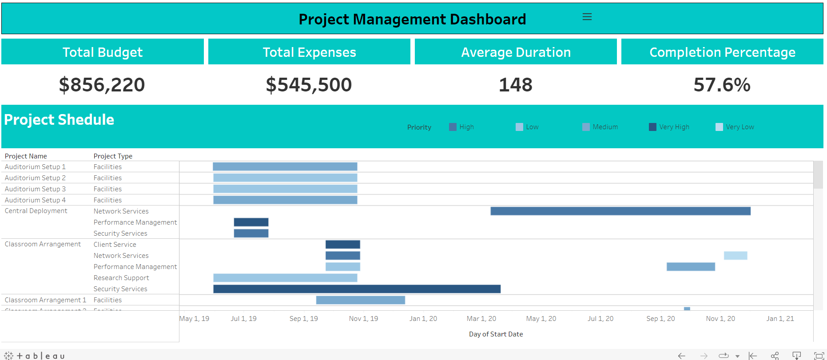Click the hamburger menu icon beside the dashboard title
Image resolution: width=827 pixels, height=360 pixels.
[x=587, y=17]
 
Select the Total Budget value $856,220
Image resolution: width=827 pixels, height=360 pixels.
[x=102, y=85]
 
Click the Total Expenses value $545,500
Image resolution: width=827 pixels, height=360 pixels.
[x=309, y=85]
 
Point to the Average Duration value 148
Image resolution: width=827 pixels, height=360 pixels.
[x=515, y=85]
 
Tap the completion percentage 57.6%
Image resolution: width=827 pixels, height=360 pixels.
[x=722, y=85]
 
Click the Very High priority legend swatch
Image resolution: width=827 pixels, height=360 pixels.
[x=652, y=127]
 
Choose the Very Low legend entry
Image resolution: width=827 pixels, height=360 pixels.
[x=740, y=127]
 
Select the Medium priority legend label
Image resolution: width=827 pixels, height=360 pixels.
[x=605, y=127]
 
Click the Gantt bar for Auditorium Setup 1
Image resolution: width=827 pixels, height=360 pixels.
[x=285, y=166]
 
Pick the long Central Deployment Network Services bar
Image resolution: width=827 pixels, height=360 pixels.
[x=620, y=211]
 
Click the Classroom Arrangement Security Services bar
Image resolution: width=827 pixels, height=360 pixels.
[x=357, y=289]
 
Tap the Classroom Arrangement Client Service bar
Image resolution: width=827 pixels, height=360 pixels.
[x=342, y=245]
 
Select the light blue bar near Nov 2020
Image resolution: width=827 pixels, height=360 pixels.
[x=735, y=256]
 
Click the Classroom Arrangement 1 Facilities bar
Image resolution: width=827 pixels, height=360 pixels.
[x=360, y=300]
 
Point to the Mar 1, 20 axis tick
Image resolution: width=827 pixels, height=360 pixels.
[x=481, y=319]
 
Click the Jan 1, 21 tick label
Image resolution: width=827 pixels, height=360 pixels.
[x=780, y=319]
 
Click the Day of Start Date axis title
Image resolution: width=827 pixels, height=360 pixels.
[x=496, y=334]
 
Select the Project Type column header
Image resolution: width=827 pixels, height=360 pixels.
[x=113, y=156]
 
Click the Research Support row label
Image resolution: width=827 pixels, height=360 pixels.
[x=121, y=278]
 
